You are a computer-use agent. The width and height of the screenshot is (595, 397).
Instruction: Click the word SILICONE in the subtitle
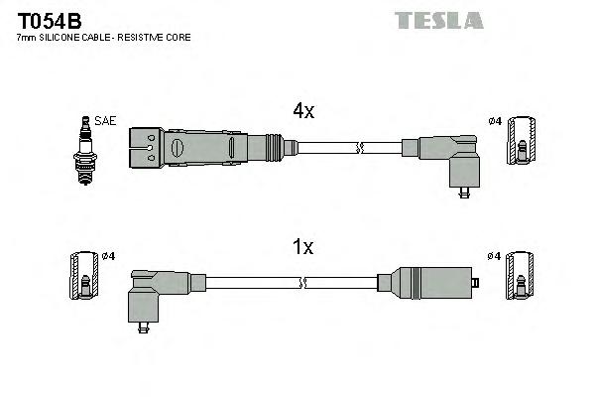[63, 37]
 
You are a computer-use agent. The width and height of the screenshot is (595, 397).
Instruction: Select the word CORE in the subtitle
[178, 37]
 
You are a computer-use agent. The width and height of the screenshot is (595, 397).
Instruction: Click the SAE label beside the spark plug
[106, 121]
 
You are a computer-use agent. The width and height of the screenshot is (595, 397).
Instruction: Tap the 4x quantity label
[302, 112]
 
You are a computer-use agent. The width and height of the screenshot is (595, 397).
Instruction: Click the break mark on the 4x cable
[361, 149]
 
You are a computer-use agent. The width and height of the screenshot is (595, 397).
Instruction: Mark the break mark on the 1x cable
[307, 284]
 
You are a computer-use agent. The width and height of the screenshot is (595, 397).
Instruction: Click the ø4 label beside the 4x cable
[496, 121]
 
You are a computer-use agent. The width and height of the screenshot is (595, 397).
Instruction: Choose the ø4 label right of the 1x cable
[496, 256]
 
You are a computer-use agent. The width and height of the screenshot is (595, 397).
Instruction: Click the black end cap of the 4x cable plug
[145, 147]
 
